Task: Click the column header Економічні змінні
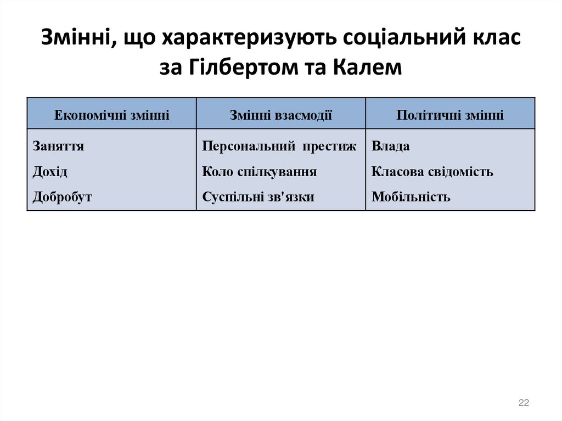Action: [x=111, y=115]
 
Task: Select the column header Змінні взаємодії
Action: [x=280, y=115]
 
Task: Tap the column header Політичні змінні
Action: [x=450, y=115]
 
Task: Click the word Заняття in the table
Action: [x=58, y=147]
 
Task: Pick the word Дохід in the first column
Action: [x=50, y=172]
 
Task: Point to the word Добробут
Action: [x=62, y=197]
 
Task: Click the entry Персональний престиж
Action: [x=279, y=147]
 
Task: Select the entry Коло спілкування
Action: [x=259, y=172]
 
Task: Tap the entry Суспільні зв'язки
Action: [x=258, y=197]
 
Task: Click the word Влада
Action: [x=391, y=147]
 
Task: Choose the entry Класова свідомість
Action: [x=432, y=172]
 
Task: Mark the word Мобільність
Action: [x=411, y=197]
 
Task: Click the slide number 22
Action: [x=524, y=403]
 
